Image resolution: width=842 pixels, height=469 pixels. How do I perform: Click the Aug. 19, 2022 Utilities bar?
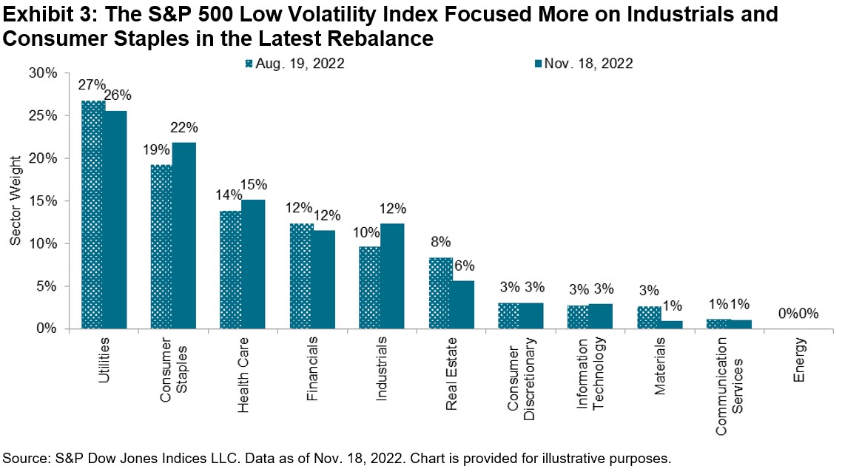(92, 215)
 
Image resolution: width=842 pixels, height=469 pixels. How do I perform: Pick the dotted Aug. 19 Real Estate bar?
(440, 293)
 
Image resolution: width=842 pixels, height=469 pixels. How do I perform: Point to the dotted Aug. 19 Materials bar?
(649, 317)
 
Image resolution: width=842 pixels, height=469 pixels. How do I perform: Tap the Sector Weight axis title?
(16, 200)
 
